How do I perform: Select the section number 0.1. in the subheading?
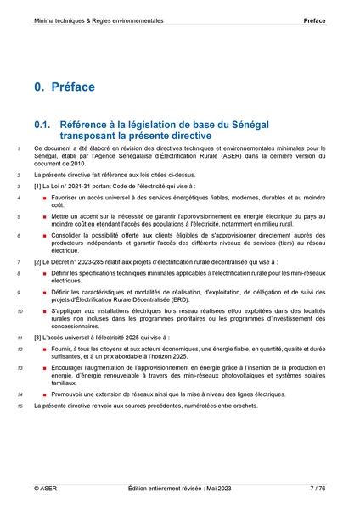point(44,124)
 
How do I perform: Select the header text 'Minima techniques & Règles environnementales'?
point(98,19)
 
